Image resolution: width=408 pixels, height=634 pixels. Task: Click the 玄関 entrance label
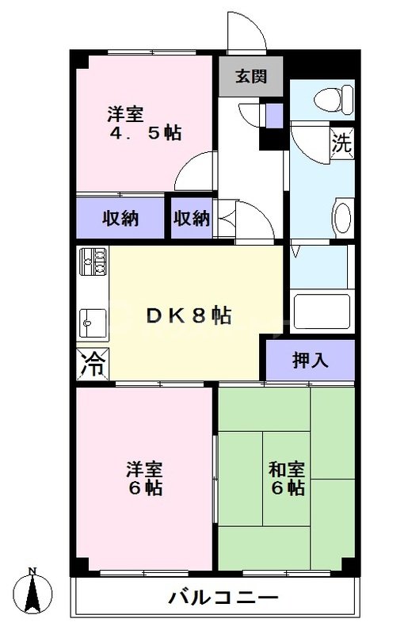point(250,77)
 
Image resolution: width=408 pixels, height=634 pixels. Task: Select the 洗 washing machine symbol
point(342,143)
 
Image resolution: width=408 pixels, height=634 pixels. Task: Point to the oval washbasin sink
point(341,216)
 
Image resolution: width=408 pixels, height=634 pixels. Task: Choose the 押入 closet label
point(310,361)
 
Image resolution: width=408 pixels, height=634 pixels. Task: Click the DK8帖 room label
point(189,315)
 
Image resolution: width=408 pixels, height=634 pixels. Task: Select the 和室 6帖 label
point(286,477)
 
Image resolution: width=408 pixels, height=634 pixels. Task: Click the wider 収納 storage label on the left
point(120,218)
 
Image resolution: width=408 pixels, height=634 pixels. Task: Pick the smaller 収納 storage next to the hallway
point(192,218)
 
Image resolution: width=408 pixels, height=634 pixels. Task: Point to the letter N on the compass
point(32,571)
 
